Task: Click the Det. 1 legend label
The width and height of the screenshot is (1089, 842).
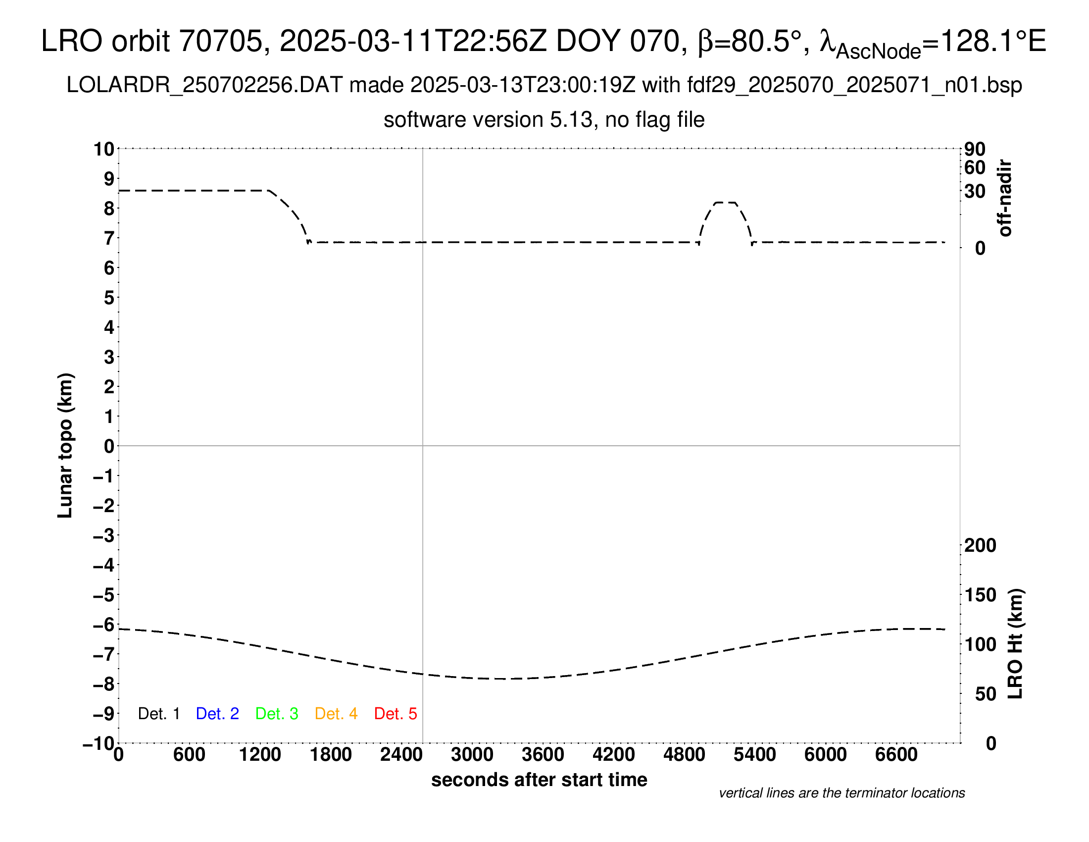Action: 158,714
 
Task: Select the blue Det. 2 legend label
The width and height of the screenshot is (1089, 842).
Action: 217,714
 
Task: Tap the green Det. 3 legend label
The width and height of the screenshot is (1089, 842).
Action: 277,714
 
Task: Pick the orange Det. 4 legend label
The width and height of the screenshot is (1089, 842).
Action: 336,714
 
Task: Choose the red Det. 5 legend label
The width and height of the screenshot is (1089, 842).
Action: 396,714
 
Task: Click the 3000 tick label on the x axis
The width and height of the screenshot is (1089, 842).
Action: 472,755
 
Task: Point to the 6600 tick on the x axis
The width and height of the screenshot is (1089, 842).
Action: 896,755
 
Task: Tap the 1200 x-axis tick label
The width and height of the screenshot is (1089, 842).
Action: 260,755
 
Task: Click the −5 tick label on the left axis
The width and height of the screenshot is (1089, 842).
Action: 104,595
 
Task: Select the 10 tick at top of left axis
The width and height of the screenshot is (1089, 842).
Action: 104,149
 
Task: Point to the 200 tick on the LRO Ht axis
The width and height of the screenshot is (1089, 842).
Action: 980,546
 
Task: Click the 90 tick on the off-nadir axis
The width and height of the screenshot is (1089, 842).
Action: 975,149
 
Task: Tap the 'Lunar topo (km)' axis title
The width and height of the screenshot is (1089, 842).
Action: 65,445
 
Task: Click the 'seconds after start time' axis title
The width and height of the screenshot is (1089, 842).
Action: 539,780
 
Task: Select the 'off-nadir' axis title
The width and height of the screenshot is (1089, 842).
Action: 1005,198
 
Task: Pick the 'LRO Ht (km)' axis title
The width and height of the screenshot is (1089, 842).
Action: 1015,644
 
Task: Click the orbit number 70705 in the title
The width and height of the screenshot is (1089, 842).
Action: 220,41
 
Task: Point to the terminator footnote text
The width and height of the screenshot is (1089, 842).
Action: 841,793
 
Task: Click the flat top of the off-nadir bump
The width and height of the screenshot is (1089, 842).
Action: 725,203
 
